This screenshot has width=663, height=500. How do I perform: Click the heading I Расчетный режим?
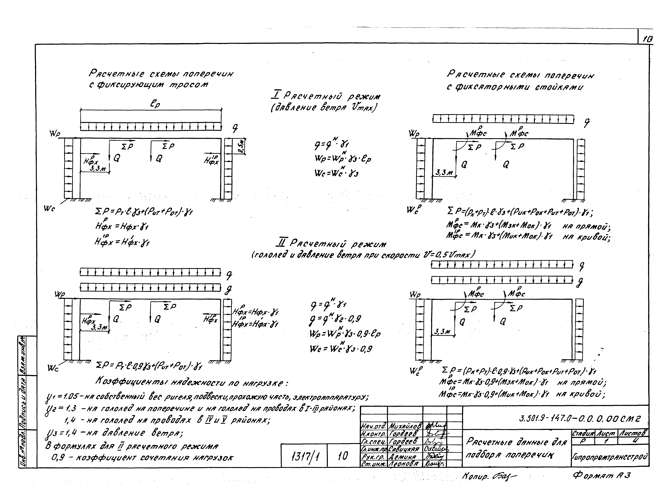[x=325, y=96]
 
